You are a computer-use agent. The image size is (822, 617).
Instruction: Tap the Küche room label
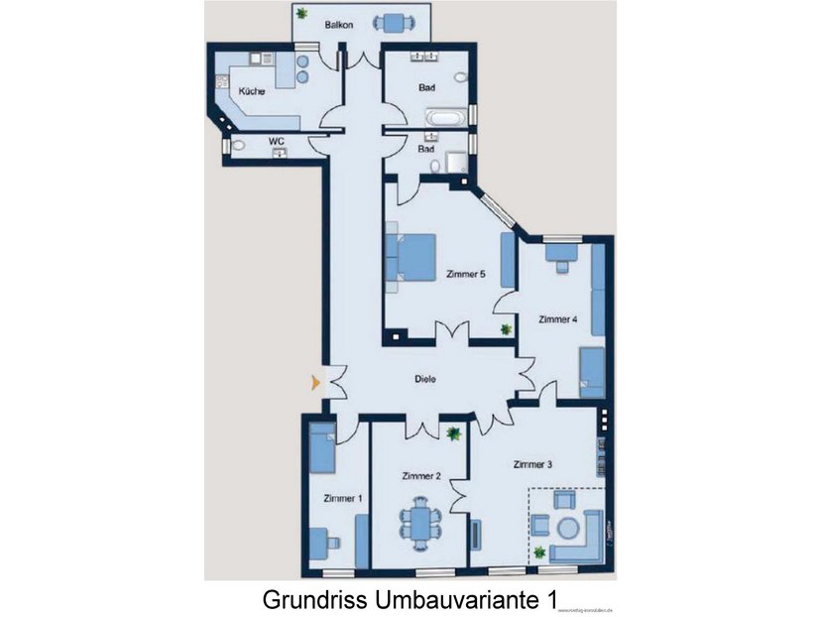click(251, 91)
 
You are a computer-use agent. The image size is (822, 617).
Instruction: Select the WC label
click(278, 142)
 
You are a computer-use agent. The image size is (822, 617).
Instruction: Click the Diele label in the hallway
click(425, 378)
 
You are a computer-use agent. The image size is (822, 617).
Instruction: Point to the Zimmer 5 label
click(465, 275)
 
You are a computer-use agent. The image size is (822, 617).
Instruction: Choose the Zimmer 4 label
click(557, 319)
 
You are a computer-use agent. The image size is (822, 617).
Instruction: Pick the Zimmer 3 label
click(533, 463)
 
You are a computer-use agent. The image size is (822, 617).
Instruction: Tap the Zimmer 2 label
click(421, 476)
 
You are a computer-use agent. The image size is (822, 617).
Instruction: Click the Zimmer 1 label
click(343, 498)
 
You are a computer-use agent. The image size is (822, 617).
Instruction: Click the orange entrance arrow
click(314, 382)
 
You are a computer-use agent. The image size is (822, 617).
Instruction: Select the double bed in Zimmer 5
click(413, 257)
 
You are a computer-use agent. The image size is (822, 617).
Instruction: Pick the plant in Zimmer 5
click(506, 328)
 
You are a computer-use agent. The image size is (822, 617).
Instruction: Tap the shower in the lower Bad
click(457, 162)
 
